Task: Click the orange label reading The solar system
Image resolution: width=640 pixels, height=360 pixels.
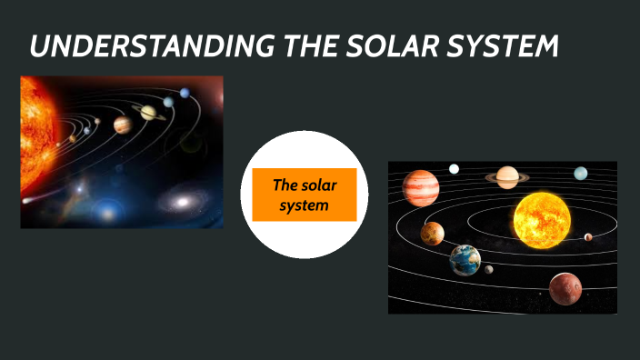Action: [304, 195]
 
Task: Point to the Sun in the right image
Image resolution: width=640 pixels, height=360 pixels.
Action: [542, 219]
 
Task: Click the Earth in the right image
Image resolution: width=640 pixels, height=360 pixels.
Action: [465, 260]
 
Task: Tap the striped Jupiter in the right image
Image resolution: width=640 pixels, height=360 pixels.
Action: [421, 187]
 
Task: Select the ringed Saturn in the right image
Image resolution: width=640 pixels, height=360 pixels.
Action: [507, 176]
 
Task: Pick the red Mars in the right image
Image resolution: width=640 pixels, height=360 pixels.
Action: [565, 288]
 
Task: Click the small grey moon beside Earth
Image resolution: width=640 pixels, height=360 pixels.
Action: [489, 269]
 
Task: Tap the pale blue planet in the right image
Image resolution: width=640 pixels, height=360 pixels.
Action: [581, 174]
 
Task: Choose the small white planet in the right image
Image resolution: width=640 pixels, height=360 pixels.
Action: [454, 168]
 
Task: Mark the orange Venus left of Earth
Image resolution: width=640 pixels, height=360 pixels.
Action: [432, 234]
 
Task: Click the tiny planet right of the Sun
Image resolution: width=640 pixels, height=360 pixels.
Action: [588, 237]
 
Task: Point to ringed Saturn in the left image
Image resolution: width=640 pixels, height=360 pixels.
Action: [148, 112]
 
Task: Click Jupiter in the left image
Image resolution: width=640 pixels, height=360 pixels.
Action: [122, 125]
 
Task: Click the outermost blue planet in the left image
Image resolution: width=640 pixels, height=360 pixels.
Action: [185, 92]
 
